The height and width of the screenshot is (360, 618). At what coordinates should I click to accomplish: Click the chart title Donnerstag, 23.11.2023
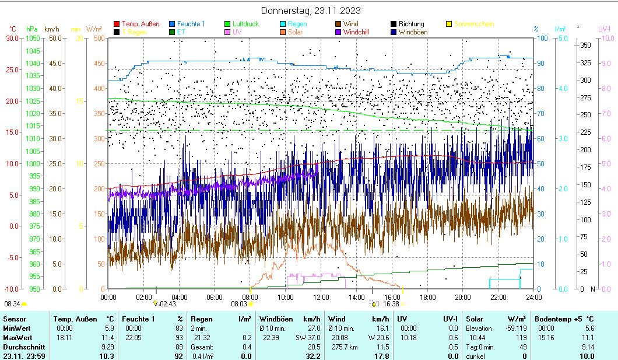pyautogui.click(x=310, y=11)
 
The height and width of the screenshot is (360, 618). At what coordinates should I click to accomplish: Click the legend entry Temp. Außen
pyautogui.click(x=141, y=24)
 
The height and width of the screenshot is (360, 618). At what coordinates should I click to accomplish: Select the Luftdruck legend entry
pyautogui.click(x=245, y=24)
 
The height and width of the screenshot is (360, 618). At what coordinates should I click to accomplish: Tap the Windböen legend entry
pyautogui.click(x=413, y=32)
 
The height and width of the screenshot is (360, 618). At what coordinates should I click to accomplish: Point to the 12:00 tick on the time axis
pyautogui.click(x=321, y=297)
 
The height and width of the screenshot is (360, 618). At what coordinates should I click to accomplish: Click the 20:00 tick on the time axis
pyautogui.click(x=463, y=297)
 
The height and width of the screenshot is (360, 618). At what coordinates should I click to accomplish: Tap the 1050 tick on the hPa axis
pyautogui.click(x=33, y=38)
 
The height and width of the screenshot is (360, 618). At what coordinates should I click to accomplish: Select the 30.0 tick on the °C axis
pyautogui.click(x=12, y=38)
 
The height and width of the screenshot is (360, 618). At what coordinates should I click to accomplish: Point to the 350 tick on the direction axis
pyautogui.click(x=586, y=45)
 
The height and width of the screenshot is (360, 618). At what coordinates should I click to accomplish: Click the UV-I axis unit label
pyautogui.click(x=603, y=29)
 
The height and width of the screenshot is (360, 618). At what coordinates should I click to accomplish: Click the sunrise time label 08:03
pyautogui.click(x=239, y=304)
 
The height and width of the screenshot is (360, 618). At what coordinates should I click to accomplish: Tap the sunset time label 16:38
pyautogui.click(x=391, y=304)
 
